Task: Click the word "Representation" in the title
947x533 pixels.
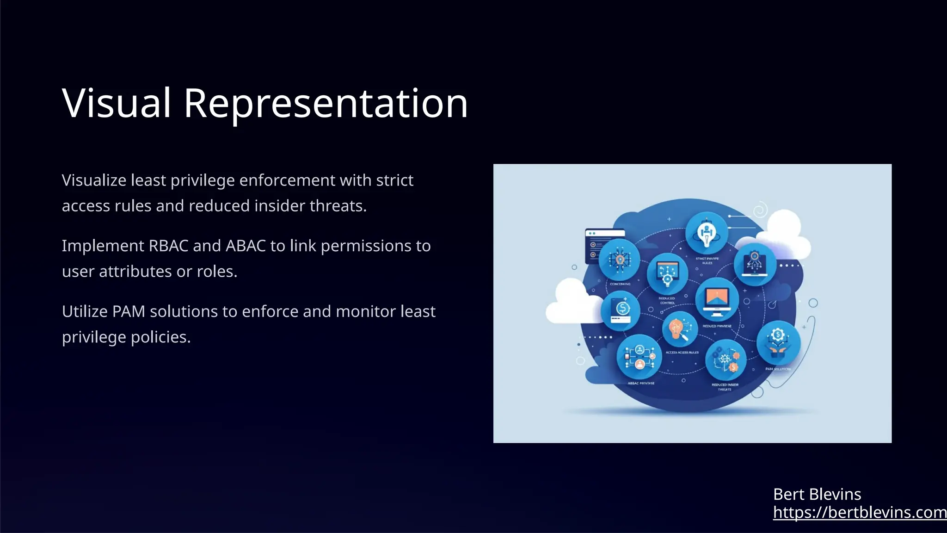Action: point(326,103)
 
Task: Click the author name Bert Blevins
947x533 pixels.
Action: point(817,494)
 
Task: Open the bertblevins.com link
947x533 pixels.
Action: point(859,512)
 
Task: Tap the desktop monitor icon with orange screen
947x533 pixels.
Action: point(717,300)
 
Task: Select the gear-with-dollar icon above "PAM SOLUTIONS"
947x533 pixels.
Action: point(778,343)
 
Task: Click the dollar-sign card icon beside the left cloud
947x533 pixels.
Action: point(621,310)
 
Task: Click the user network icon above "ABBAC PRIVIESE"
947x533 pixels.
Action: point(639,357)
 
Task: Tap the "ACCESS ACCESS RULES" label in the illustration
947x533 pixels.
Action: point(682,353)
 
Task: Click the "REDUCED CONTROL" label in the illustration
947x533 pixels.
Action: point(667,301)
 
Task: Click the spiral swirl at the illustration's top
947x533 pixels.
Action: point(760,211)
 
